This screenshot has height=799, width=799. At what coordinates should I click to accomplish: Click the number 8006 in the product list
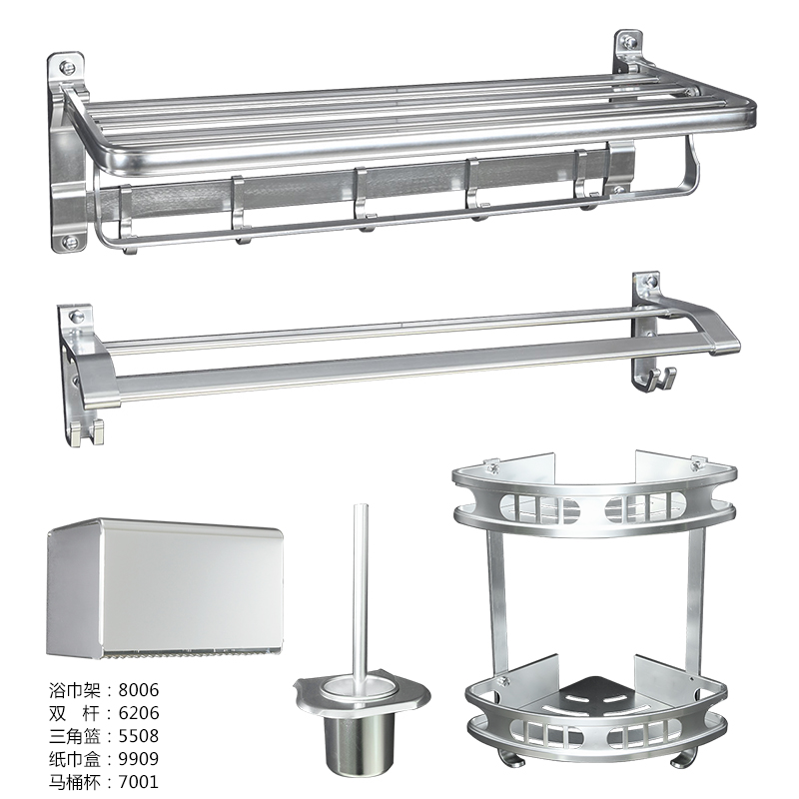pyautogui.click(x=139, y=690)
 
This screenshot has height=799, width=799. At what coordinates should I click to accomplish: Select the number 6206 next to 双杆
pyautogui.click(x=139, y=713)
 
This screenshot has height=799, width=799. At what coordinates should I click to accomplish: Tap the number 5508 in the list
pyautogui.click(x=139, y=736)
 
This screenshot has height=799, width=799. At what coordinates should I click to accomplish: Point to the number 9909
pyautogui.click(x=139, y=759)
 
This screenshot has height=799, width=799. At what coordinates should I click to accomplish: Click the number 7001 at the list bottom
pyautogui.click(x=139, y=782)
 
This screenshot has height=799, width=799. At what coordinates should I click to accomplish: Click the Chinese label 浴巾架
pyautogui.click(x=75, y=690)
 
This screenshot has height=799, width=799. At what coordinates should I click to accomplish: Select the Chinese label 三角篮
pyautogui.click(x=75, y=736)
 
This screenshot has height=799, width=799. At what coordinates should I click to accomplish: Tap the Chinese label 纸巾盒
pyautogui.click(x=75, y=759)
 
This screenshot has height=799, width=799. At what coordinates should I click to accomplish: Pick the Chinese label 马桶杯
pyautogui.click(x=75, y=782)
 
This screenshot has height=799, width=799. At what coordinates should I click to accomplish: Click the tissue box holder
pyautogui.click(x=165, y=588)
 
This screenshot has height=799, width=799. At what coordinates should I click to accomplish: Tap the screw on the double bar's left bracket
pyautogui.click(x=76, y=317)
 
